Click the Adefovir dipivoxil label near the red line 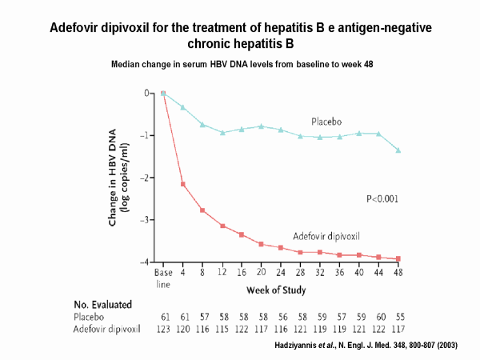pyautogui.click(x=326, y=236)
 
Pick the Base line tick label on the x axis pyautogui.click(x=163, y=277)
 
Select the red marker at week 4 pyautogui.click(x=183, y=185)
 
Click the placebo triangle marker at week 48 pyautogui.click(x=398, y=150)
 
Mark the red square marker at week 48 pyautogui.click(x=398, y=258)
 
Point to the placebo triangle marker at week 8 pyautogui.click(x=202, y=124)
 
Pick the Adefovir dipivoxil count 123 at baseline pyautogui.click(x=163, y=329)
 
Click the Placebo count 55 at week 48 pyautogui.click(x=398, y=317)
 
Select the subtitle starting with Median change pyautogui.click(x=242, y=62)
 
